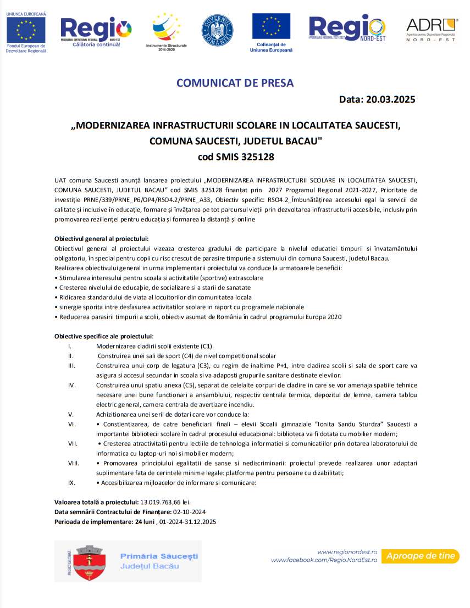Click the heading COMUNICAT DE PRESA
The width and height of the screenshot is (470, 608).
pos(235,83)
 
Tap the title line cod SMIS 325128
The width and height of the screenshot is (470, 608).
pos(235,157)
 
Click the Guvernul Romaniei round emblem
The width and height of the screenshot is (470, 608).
pos(217,31)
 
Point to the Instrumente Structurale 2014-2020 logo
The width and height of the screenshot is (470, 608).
pos(165,31)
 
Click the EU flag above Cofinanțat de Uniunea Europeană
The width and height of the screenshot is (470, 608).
pos(271,26)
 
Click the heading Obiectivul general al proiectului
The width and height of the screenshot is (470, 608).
pos(102,239)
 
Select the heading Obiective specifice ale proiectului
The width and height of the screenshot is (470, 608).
pos(103,336)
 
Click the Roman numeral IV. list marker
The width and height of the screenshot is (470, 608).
pos(71,385)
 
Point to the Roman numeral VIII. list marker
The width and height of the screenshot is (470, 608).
pos(74,463)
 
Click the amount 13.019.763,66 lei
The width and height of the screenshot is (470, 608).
pos(165,502)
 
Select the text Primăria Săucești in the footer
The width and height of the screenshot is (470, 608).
pos(159,556)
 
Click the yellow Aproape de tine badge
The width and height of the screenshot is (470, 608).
pos(421,556)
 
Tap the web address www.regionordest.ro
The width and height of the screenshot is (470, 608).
pos(347,551)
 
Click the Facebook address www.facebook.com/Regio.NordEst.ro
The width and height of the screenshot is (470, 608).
pos(324,560)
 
